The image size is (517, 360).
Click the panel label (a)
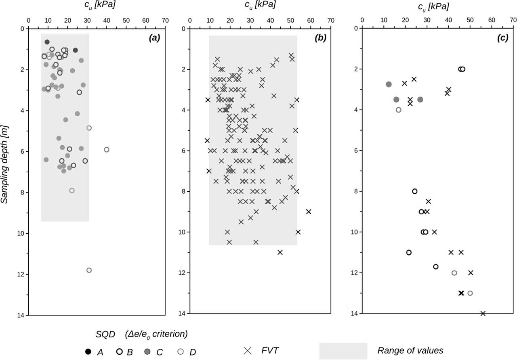click(x=154, y=38)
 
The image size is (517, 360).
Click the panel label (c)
click(x=491, y=38)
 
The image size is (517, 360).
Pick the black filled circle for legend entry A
click(x=88, y=352)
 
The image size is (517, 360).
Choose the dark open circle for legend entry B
click(x=119, y=352)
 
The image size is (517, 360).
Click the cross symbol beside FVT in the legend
click(x=248, y=350)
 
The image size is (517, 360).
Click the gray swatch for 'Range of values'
click(x=343, y=350)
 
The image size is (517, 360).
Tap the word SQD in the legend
click(x=105, y=334)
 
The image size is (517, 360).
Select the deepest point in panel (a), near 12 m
click(x=89, y=270)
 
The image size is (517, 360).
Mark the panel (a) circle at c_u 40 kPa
click(x=107, y=149)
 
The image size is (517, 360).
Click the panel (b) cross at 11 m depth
click(x=280, y=252)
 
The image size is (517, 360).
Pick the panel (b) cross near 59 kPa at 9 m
click(x=309, y=211)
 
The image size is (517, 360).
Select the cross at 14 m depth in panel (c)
click(x=483, y=313)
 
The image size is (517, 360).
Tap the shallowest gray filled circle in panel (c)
click(x=389, y=84)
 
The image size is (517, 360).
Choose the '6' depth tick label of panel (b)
click(x=184, y=151)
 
